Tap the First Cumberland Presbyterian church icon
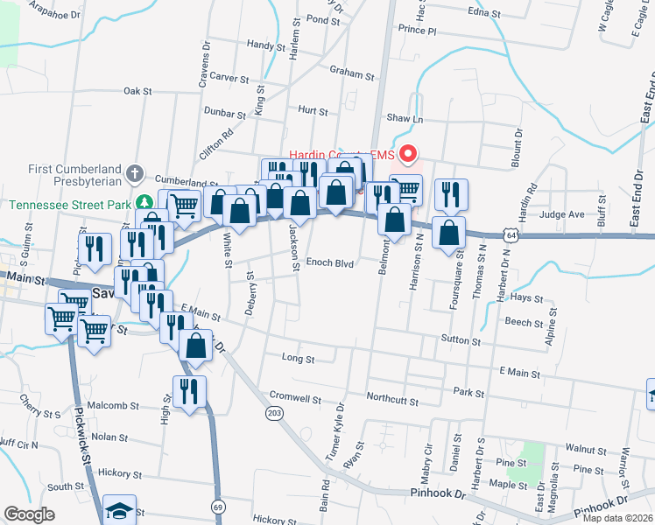[x=135, y=173]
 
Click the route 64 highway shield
[x=511, y=234]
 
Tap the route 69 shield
[x=216, y=506]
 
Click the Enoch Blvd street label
[x=329, y=262]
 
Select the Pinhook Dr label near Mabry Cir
[x=438, y=494]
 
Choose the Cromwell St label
[x=296, y=398]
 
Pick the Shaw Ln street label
[x=405, y=118]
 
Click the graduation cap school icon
[x=120, y=509]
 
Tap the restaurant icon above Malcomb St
[x=189, y=392]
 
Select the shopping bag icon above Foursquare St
[x=448, y=234]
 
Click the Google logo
[x=30, y=514]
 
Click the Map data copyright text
[x=617, y=518]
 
